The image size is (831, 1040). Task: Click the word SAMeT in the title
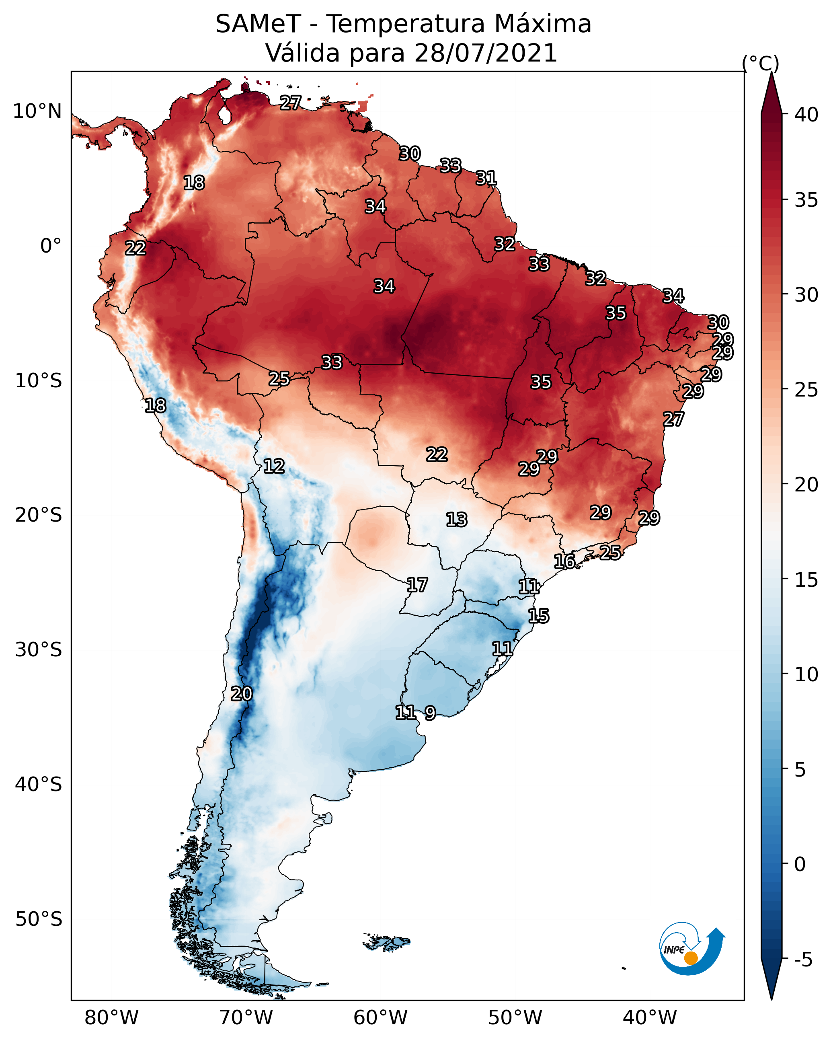click(258, 24)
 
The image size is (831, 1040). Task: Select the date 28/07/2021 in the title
click(485, 53)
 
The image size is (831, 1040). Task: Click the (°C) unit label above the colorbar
click(761, 64)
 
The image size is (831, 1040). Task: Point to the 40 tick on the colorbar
click(807, 115)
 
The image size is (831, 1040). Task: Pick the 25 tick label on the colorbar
click(807, 390)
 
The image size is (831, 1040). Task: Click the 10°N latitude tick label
click(37, 111)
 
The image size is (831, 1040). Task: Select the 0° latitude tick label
click(51, 246)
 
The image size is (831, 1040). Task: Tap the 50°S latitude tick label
click(39, 919)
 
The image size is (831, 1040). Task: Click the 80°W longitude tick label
click(111, 1018)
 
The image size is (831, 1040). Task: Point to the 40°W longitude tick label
click(650, 1018)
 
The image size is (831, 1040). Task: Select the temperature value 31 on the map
click(486, 178)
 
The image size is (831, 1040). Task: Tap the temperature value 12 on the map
click(273, 466)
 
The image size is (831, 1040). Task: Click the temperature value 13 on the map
click(456, 520)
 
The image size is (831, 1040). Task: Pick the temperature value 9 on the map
click(430, 713)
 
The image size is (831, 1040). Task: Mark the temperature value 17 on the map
click(417, 585)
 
